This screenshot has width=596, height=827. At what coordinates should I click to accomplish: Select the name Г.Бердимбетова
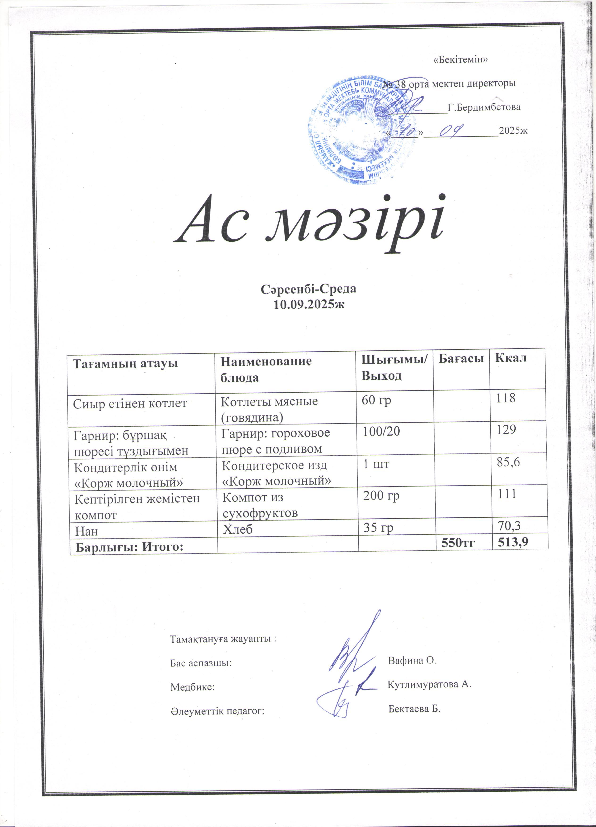tap(484, 108)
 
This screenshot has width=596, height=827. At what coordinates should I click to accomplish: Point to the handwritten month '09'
tap(451, 130)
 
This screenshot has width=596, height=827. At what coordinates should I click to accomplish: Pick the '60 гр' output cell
tap(376, 400)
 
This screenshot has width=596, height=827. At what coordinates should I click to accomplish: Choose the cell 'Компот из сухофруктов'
tap(260, 505)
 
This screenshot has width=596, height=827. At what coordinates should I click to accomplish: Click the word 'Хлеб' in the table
tap(237, 529)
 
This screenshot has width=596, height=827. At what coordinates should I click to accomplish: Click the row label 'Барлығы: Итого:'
tap(129, 547)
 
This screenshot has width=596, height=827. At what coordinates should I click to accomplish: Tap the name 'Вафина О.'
tap(412, 660)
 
